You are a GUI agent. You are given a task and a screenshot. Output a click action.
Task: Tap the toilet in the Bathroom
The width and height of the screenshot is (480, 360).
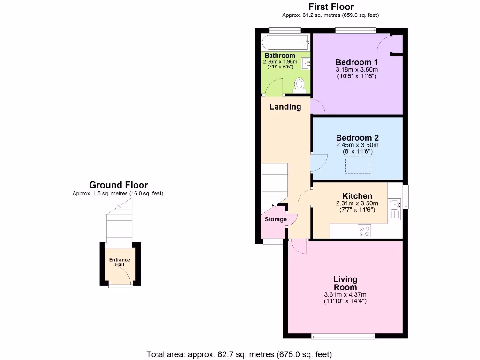point(299,84)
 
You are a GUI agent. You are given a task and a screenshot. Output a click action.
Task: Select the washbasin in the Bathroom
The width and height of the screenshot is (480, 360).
point(307,63)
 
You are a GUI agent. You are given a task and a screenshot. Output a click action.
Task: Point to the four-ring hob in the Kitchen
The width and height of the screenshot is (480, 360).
point(364,230)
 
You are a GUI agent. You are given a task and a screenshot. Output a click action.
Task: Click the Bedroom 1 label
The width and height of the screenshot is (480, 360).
point(356,62)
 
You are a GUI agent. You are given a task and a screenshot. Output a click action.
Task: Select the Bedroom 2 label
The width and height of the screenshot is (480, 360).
point(357,138)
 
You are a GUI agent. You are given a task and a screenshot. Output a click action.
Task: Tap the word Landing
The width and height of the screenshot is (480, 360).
point(285,107)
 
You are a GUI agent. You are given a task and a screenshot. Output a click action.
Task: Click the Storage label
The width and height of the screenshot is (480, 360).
point(276,219)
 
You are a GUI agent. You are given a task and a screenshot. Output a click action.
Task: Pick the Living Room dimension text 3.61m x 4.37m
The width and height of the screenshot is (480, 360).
point(345,294)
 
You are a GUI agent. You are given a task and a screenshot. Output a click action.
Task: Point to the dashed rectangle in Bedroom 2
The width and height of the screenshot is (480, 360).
point(359,165)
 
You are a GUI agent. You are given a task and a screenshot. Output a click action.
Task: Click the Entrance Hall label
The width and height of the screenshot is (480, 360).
point(120,262)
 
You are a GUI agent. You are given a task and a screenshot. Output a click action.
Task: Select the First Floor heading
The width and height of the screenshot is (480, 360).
point(330,7)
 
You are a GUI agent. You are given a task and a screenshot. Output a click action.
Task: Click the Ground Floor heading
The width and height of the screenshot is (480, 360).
point(118,185)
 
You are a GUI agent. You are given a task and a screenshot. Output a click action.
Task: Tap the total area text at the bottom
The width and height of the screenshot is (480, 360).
point(240,354)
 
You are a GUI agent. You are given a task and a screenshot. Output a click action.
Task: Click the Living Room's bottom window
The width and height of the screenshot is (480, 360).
point(344,336)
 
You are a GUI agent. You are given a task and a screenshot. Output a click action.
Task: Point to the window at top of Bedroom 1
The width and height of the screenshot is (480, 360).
point(355,31)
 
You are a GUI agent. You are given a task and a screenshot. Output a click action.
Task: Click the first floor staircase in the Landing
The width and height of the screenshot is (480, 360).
point(274,185)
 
